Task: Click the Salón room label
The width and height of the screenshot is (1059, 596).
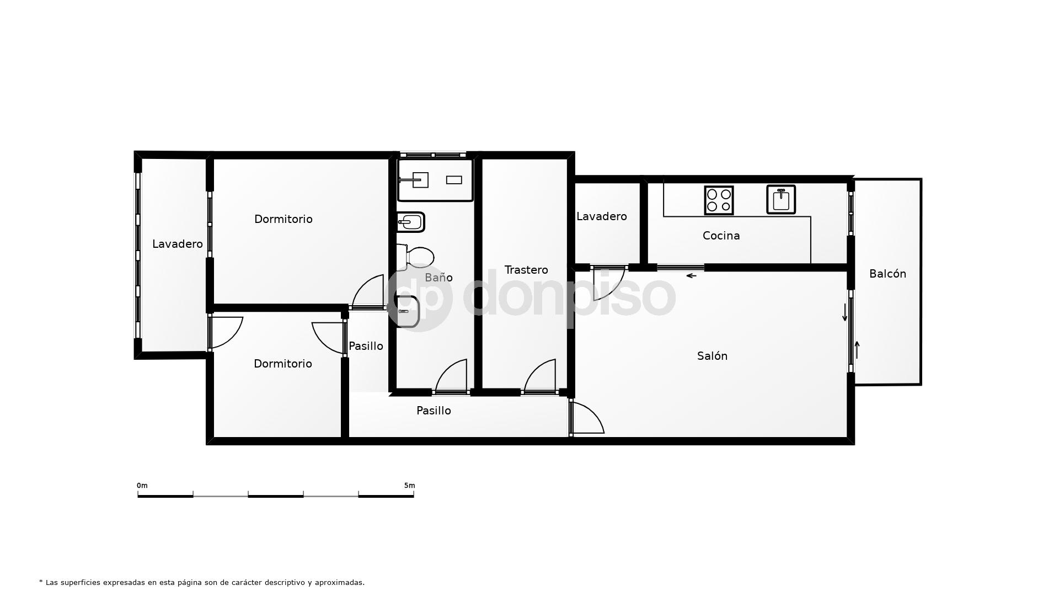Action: (712, 356)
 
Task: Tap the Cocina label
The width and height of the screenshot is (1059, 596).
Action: (721, 236)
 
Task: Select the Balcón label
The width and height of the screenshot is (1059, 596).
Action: (887, 274)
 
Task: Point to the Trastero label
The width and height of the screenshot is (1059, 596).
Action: (526, 270)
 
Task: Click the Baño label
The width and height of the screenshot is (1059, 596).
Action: (438, 278)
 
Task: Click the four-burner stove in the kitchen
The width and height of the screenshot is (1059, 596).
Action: (719, 200)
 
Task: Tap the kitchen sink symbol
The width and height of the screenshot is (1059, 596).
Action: (781, 199)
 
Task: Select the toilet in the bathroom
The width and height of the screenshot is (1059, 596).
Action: (417, 257)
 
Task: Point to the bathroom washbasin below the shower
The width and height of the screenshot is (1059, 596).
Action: (410, 222)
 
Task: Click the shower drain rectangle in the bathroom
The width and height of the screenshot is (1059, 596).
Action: (454, 180)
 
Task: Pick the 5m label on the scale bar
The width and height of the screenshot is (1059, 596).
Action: (409, 486)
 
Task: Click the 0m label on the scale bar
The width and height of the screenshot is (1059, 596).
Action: (142, 486)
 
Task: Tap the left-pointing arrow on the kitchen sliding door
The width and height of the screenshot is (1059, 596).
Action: (691, 275)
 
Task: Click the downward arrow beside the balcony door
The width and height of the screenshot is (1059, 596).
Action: (844, 312)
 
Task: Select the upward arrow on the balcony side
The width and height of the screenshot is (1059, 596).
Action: (857, 349)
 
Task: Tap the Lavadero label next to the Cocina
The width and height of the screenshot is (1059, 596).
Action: (601, 217)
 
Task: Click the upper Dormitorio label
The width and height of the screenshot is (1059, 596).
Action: (283, 220)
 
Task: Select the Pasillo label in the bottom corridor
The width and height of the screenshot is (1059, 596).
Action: (434, 411)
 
